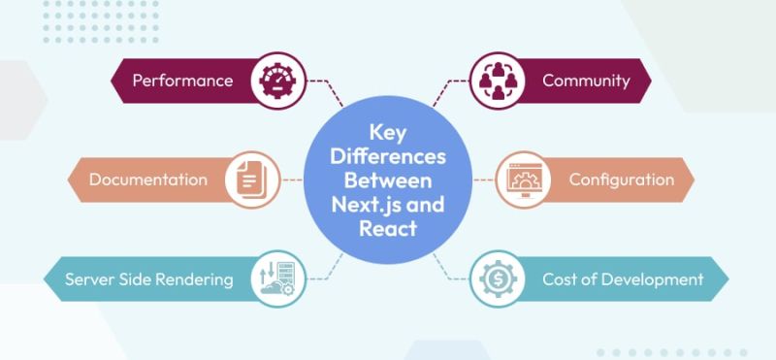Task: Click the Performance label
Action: click(182, 81)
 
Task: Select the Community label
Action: click(586, 81)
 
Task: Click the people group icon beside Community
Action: click(498, 81)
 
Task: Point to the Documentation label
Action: click(147, 180)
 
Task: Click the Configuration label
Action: click(621, 180)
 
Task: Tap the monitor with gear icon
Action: click(524, 180)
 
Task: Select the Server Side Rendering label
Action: click(148, 279)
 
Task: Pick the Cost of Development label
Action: click(609, 279)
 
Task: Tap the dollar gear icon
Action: click(498, 279)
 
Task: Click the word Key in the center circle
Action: click(387, 132)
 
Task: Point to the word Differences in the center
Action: click(387, 156)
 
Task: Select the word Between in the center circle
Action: click(387, 180)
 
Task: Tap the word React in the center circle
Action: click(387, 229)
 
